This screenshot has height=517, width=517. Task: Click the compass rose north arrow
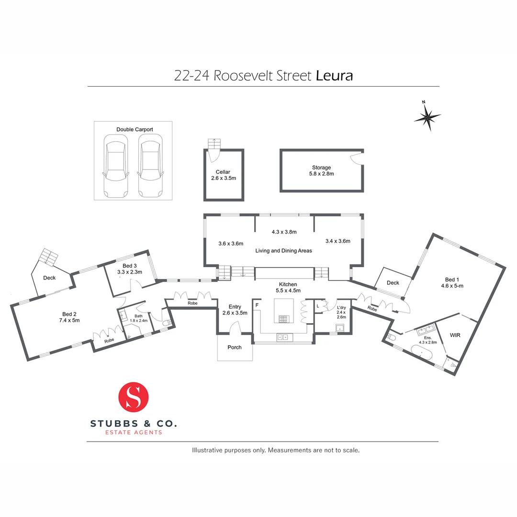tap(427, 116)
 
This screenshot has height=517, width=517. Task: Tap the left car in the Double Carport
tap(116, 165)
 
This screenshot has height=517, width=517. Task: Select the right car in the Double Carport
tap(150, 165)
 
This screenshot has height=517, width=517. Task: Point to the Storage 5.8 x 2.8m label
tap(321, 170)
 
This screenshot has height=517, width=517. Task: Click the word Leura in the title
tap(335, 76)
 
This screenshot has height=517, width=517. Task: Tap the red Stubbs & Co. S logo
tap(134, 396)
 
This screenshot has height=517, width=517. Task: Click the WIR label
tap(455, 335)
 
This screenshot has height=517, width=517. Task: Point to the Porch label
tap(235, 347)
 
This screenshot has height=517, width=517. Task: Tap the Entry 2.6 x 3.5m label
tap(235, 310)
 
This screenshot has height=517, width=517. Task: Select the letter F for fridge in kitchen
tap(258, 304)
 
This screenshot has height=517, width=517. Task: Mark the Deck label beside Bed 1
tap(393, 282)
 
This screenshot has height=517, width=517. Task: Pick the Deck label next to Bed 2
tap(49, 278)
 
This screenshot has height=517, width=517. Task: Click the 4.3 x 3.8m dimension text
tap(283, 232)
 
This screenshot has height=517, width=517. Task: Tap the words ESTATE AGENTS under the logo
tap(134, 433)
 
